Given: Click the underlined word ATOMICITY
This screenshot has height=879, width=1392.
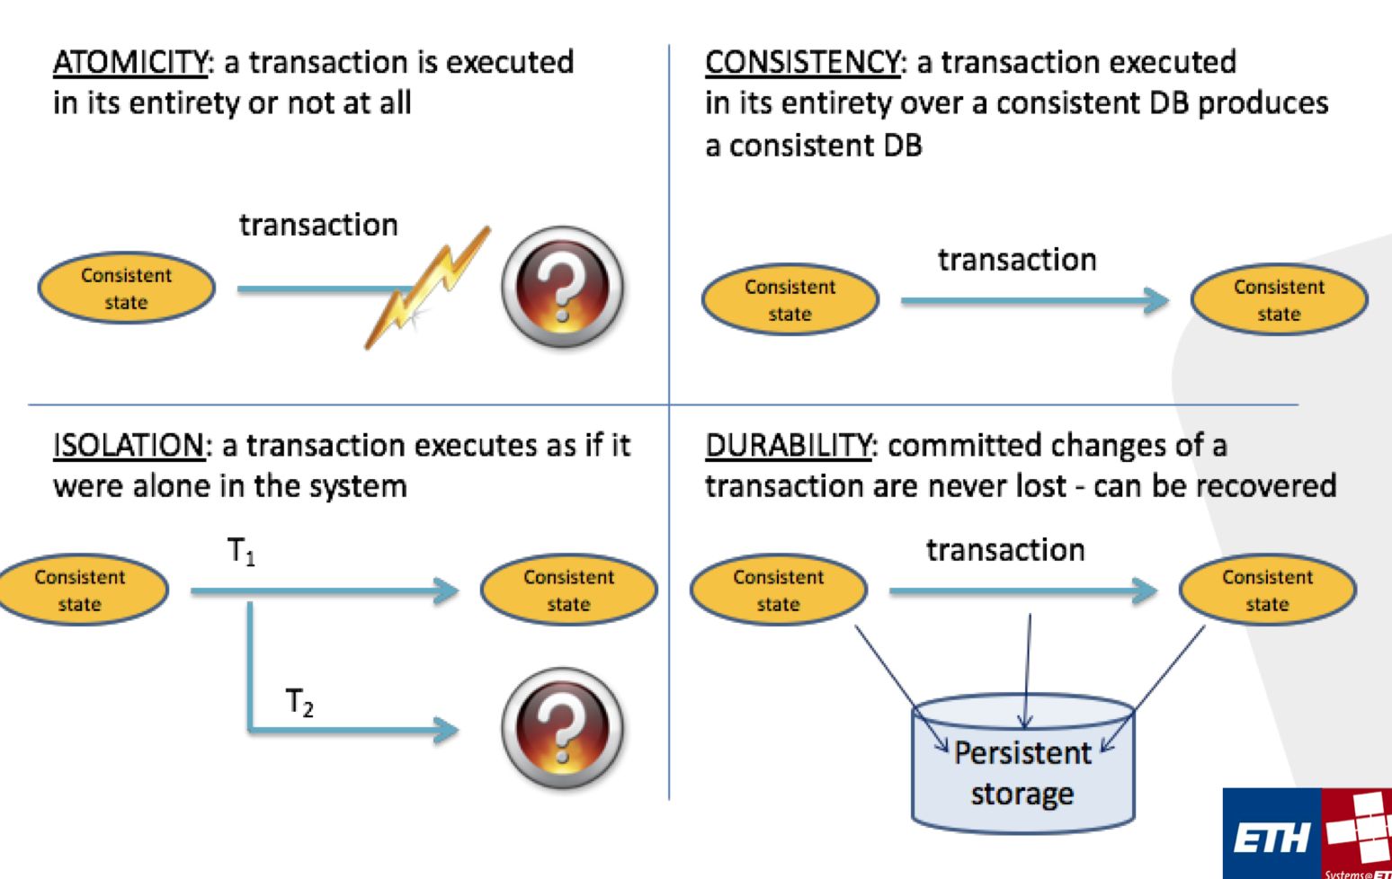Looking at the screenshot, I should point(130,63).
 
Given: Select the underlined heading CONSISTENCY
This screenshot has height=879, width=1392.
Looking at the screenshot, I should point(802,63).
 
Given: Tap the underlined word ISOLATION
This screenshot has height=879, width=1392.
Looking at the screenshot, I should point(129,446).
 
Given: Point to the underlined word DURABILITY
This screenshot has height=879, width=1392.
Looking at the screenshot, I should point(788,446).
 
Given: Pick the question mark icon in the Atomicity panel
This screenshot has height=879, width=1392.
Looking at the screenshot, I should point(562,288).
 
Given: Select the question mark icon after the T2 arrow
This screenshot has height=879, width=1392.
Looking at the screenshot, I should point(562,727).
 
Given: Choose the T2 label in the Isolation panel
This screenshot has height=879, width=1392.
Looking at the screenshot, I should point(299,702).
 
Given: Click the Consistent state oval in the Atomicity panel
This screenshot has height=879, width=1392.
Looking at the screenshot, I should point(126,289).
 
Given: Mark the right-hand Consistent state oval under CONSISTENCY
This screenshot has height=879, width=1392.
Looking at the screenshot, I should point(1279,300).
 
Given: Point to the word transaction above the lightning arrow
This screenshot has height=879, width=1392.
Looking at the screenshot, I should point(318,225).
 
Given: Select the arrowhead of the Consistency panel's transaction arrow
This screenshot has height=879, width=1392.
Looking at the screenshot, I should point(1155,300).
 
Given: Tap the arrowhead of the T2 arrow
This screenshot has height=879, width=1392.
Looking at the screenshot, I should point(446,728).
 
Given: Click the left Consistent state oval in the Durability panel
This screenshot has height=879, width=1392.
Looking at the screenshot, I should point(778,590).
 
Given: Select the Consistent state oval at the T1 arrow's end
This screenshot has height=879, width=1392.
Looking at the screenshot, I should point(568,590).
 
